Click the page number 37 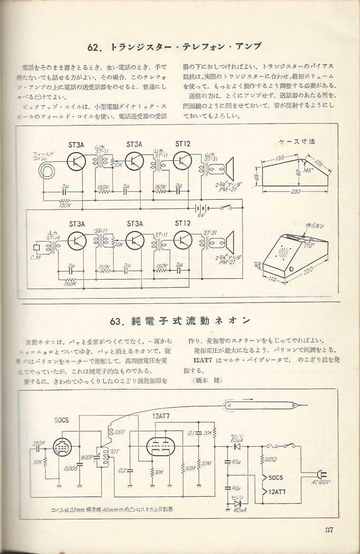[x=331, y=531]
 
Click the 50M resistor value [x=189, y=468]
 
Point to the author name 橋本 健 [x=208, y=380]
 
